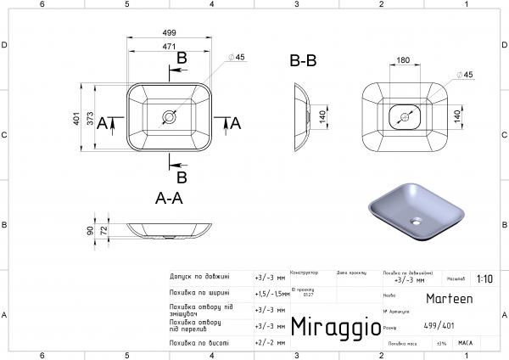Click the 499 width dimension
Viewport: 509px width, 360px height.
pyautogui.click(x=170, y=33)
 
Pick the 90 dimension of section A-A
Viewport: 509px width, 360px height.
pyautogui.click(x=90, y=229)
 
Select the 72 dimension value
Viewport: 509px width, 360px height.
pyautogui.click(x=103, y=230)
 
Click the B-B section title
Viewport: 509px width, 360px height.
pyautogui.click(x=303, y=61)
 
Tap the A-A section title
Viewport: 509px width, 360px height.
pyautogui.click(x=170, y=199)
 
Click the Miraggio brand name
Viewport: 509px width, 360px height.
pyautogui.click(x=331, y=327)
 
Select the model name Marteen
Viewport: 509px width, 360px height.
pyautogui.click(x=452, y=299)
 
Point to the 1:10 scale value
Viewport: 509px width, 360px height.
pyautogui.click(x=484, y=278)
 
